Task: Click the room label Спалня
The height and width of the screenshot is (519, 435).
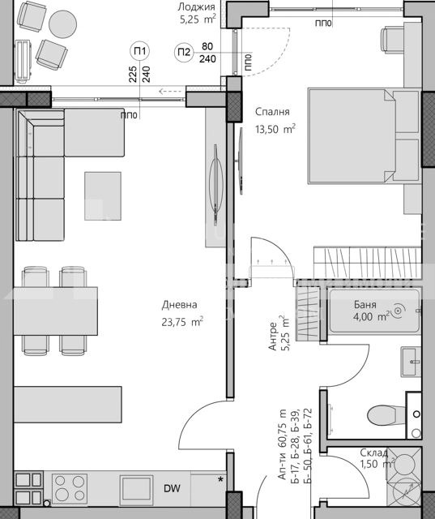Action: click(x=272, y=113)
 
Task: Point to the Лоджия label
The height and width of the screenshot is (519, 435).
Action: click(x=197, y=6)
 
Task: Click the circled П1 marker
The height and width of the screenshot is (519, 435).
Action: click(x=140, y=53)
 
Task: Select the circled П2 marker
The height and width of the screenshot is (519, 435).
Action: click(x=184, y=53)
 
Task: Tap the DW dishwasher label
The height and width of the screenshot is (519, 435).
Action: click(x=172, y=488)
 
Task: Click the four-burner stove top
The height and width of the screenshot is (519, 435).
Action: click(x=70, y=488)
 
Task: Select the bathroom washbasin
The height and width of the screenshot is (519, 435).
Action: click(x=410, y=357)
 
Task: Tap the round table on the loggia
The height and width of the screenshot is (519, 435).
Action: click(x=62, y=23)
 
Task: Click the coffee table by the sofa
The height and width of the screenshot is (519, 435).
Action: click(x=103, y=195)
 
